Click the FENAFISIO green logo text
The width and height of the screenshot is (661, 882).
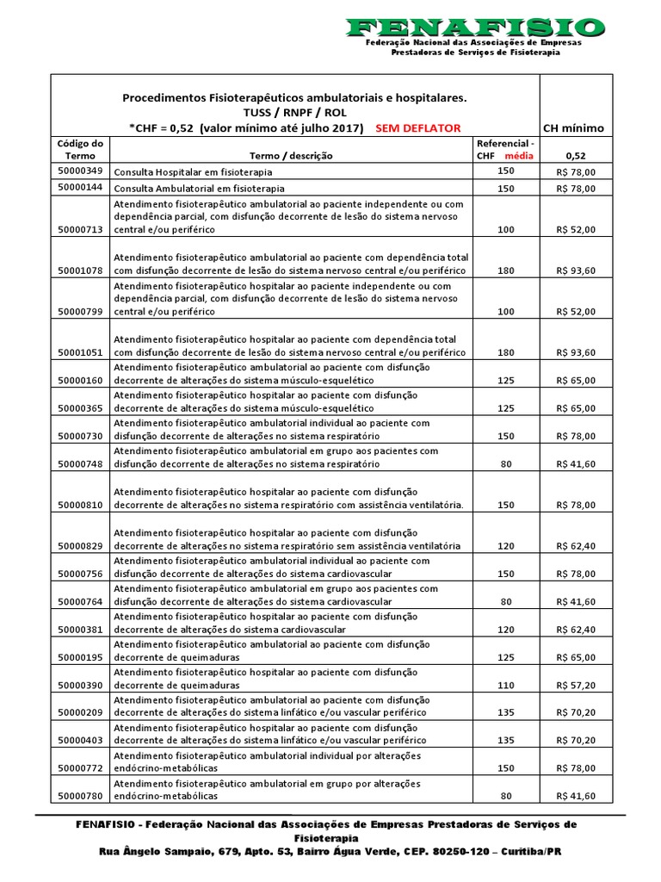point(474,27)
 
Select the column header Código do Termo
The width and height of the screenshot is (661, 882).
point(80,149)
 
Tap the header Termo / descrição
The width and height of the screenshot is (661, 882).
point(291,156)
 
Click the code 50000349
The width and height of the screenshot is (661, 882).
point(80,171)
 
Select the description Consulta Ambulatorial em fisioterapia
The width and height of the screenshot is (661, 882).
point(200,188)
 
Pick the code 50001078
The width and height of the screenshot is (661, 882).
point(80,270)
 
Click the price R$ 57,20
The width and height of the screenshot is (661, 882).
point(575,686)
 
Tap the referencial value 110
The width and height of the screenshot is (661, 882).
point(506,686)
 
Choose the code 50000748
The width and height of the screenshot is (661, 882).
point(80,463)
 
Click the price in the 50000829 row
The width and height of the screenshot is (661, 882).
point(575,546)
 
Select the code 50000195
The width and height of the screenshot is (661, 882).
point(80,658)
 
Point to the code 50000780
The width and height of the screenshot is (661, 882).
point(80,796)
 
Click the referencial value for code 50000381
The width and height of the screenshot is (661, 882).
point(506,630)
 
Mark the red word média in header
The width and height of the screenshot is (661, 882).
point(519,156)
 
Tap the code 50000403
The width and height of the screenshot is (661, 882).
point(80,741)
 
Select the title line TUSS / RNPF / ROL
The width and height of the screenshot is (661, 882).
point(294,113)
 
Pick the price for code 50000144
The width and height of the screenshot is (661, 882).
point(575,188)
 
